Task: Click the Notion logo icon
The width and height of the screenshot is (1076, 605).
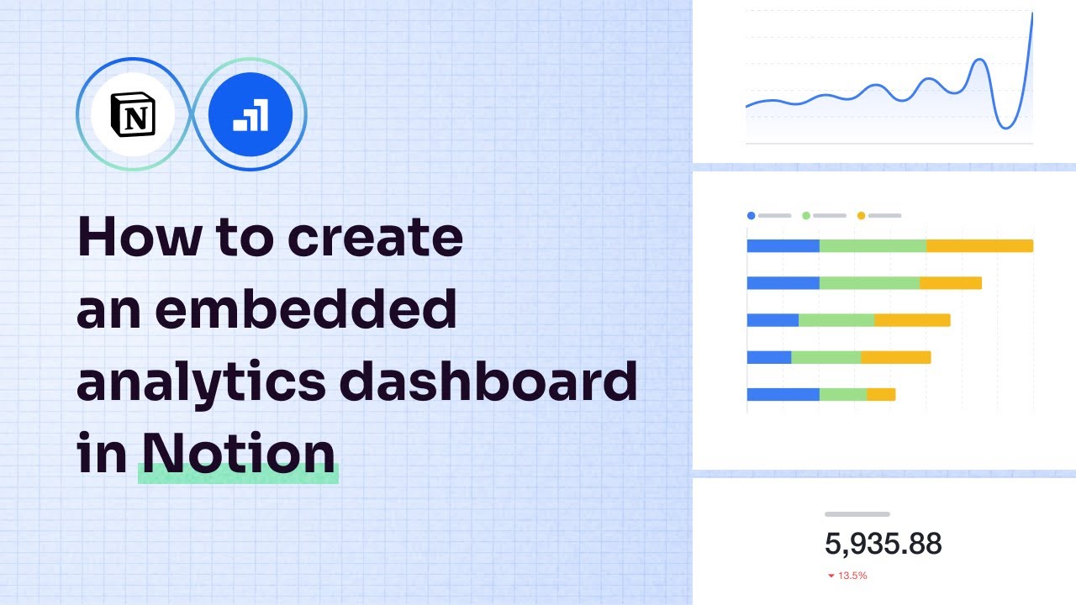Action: click(x=133, y=113)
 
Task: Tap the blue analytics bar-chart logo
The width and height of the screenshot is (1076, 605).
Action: click(x=251, y=113)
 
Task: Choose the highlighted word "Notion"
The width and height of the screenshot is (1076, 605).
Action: click(x=239, y=454)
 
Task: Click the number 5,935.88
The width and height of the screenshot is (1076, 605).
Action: click(x=883, y=544)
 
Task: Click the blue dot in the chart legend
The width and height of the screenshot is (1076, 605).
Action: click(x=751, y=216)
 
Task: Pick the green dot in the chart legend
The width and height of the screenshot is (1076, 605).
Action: click(x=806, y=216)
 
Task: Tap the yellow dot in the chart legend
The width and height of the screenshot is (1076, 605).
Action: click(x=861, y=216)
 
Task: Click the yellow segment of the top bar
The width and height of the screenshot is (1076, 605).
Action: click(x=979, y=245)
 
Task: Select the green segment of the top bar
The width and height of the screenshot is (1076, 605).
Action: click(x=873, y=245)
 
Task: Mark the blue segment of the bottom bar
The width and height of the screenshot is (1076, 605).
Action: click(x=783, y=394)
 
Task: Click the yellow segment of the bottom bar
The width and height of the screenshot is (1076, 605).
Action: click(x=881, y=394)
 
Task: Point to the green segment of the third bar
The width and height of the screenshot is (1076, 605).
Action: click(x=836, y=320)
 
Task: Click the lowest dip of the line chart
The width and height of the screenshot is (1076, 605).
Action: click(x=1005, y=128)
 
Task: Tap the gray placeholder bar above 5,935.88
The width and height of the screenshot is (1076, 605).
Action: click(x=857, y=513)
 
